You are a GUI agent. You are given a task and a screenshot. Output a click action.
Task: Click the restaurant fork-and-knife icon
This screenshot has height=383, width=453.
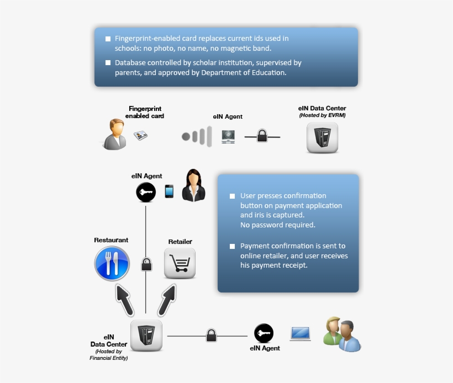(112, 263)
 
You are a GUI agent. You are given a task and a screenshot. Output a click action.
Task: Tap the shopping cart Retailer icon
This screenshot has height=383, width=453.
(180, 263)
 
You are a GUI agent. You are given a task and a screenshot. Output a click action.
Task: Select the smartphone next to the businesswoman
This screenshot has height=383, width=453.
(169, 191)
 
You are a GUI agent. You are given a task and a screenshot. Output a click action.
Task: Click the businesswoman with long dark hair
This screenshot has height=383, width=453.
(193, 185)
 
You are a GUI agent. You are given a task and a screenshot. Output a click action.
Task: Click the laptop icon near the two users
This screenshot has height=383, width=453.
(301, 334)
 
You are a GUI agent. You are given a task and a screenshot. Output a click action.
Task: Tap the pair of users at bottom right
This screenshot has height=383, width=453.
(343, 334)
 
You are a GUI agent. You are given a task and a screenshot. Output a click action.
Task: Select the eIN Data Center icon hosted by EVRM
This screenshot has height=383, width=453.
(322, 137)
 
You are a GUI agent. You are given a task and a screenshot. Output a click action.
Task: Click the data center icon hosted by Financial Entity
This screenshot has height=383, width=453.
(146, 335)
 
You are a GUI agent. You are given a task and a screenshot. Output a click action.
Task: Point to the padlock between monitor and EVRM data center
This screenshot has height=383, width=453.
(262, 136)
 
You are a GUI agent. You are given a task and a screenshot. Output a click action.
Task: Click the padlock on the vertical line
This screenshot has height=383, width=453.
(146, 264)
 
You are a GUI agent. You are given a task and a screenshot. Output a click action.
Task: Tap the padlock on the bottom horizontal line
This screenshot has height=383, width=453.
(211, 335)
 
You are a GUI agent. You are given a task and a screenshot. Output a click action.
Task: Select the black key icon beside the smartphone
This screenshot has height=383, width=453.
(146, 192)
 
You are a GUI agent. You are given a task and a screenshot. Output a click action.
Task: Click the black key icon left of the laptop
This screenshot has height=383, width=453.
(264, 333)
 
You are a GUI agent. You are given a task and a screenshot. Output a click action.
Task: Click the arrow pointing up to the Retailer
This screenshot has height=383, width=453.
(167, 300)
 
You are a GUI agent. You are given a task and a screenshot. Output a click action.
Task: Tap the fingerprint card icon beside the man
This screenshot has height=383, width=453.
(141, 135)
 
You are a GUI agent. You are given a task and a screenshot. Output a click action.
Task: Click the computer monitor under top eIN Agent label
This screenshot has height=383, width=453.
(228, 136)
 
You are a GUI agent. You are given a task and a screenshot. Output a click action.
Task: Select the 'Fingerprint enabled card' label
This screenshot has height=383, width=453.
(145, 112)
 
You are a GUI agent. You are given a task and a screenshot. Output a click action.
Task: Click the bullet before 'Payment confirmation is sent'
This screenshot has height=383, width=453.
(232, 246)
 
